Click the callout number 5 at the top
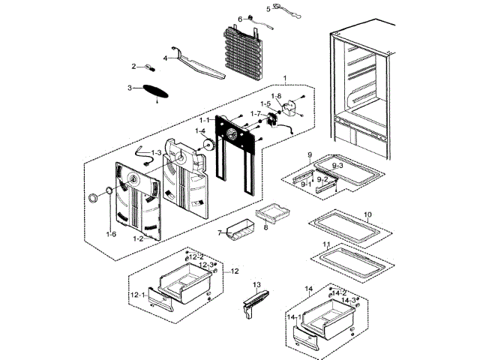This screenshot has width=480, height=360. [x=247, y=9]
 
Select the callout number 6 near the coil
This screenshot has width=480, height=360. [x=240, y=19]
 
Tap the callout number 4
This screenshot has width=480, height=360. [x=166, y=58]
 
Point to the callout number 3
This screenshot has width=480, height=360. [x=130, y=88]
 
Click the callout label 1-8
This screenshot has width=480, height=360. [x=276, y=95]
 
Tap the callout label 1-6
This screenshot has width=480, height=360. [x=111, y=235]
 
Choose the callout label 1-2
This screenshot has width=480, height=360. [x=138, y=238]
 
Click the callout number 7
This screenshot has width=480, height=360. [x=220, y=233]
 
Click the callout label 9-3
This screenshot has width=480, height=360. [x=337, y=164]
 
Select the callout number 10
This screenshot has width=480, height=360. [x=367, y=214]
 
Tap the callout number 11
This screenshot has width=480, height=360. [x=326, y=245]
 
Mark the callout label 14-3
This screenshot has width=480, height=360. [x=348, y=300]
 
